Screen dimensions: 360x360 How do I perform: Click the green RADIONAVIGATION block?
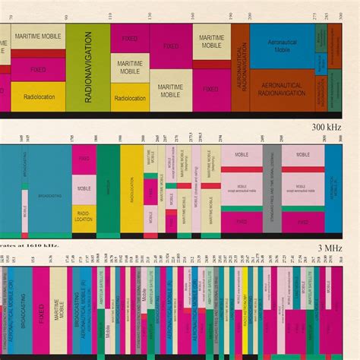point(87,67)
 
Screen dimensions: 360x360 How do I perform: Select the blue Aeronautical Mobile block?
point(282,45)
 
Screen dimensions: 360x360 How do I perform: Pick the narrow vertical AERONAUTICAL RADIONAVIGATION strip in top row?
point(240,67)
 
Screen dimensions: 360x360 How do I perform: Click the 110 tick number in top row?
point(110,16)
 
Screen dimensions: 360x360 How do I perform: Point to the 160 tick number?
point(192,16)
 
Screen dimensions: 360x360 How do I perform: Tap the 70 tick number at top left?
point(10,16)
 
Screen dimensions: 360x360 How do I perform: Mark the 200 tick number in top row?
point(250,16)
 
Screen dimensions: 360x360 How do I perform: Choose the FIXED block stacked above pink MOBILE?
point(84,159)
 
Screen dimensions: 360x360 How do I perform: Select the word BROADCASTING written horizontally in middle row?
point(50,195)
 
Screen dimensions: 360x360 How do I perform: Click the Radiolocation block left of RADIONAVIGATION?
point(38,97)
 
